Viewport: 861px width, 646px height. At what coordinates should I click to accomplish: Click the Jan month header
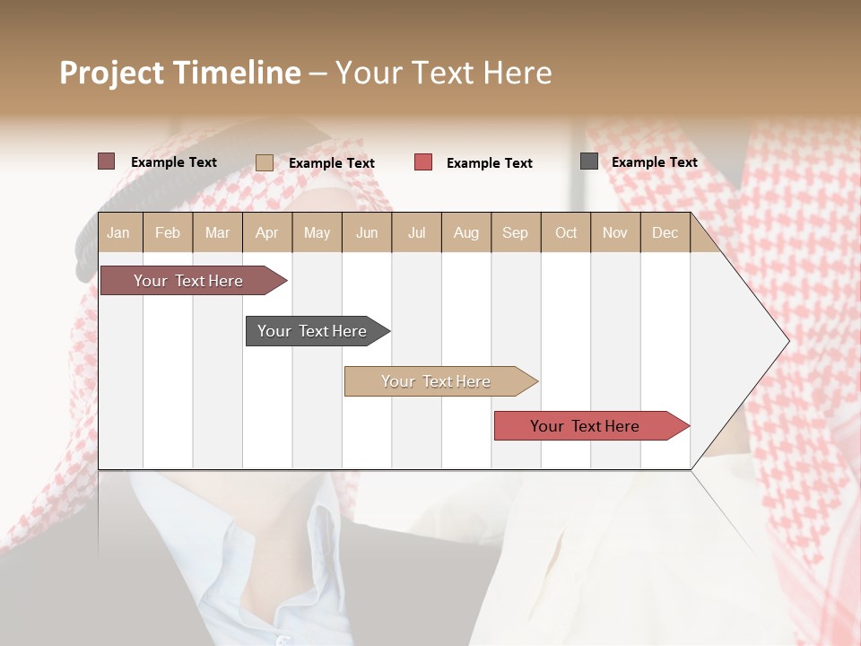(118, 233)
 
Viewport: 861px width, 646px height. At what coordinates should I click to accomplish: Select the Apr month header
(267, 233)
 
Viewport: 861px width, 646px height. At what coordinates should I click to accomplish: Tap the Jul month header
(416, 233)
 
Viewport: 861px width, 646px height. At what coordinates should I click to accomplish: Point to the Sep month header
(515, 233)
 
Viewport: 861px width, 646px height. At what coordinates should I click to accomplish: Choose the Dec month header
(665, 233)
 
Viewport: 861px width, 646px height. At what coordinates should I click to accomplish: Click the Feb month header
(168, 233)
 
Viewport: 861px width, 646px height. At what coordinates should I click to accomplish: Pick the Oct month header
(566, 233)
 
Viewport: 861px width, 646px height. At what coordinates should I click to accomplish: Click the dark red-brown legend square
(107, 161)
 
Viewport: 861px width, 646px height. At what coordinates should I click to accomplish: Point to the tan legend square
(265, 162)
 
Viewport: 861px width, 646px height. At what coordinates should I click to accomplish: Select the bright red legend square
(423, 162)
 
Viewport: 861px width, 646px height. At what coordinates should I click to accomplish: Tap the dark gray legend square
(589, 161)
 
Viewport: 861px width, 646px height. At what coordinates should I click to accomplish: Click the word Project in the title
(111, 73)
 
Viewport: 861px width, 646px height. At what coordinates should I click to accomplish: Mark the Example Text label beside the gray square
(654, 162)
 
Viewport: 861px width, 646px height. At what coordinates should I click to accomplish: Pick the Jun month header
(367, 233)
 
